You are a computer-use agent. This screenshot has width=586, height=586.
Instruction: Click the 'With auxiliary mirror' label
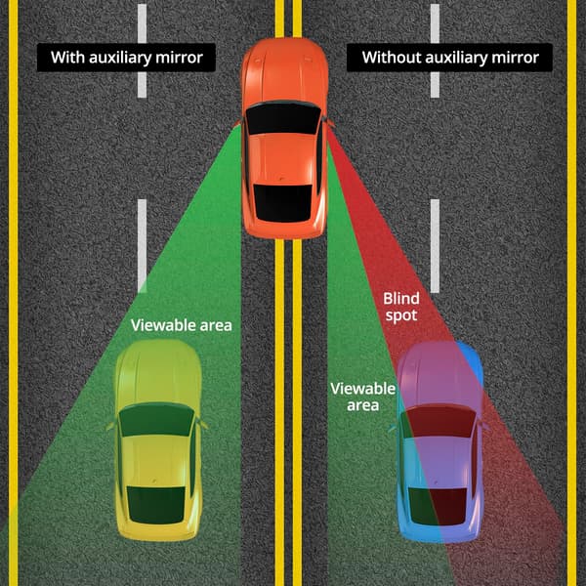pos(126,58)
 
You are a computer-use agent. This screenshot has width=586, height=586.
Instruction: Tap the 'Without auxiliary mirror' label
pos(449,58)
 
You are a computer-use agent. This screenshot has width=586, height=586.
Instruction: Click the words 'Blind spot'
pos(401,307)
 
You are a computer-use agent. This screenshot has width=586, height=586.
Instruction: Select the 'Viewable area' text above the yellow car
pos(182,325)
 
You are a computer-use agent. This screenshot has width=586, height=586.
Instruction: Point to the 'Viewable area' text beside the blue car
pos(363,397)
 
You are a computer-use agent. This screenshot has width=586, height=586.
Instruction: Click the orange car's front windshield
pos(283,118)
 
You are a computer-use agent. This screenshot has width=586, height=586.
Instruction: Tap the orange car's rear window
pos(283,202)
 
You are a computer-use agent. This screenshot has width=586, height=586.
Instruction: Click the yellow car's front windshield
pos(156,420)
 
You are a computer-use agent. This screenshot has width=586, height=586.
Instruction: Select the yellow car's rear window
pos(156,505)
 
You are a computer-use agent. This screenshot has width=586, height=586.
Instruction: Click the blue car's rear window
pos(438,506)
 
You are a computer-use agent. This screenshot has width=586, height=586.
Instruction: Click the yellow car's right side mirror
pos(203,425)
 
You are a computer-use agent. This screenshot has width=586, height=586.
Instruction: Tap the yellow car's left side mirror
pos(110,425)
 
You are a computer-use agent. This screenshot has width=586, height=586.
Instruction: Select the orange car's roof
pos(283,159)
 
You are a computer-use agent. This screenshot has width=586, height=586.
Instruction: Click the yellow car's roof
pos(156,461)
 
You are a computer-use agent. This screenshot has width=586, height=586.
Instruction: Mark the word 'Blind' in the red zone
pos(401,299)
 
